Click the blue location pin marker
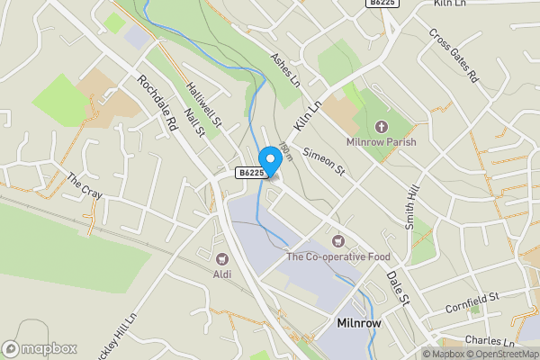269,158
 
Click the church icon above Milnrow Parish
380,127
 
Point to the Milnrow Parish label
380,142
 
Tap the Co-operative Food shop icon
338,241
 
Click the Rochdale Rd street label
157,104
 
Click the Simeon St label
324,161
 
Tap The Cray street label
85,185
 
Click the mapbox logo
40,348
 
